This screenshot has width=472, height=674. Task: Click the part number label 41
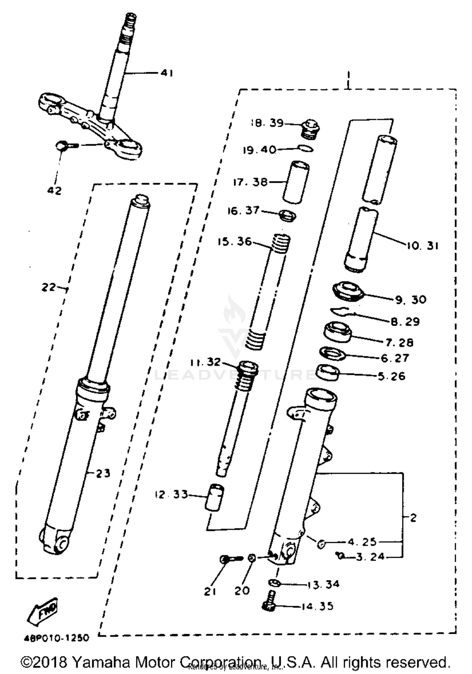pos(167,73)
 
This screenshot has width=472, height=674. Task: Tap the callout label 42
pos(54,191)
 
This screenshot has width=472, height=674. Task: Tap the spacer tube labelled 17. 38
pos(296,182)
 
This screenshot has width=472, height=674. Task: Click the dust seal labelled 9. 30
pos(348,291)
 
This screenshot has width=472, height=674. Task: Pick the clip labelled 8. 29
pos(341,312)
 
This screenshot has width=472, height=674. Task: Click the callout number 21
pos(210,592)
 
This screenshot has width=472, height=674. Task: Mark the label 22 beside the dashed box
pos(49,287)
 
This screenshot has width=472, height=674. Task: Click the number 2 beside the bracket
pos(413,517)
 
